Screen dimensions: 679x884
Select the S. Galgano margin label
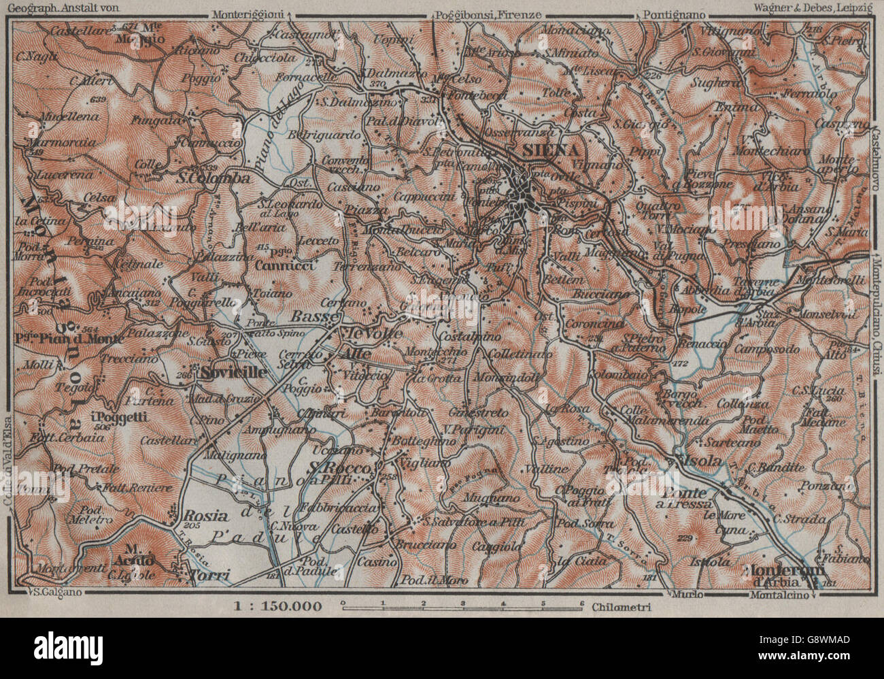pos(56,592)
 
